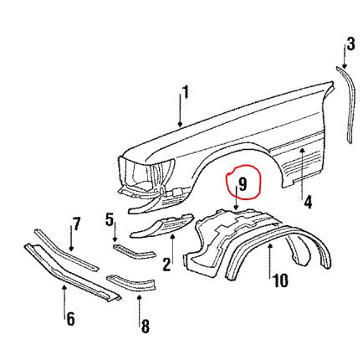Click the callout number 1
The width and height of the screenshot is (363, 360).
click(186, 92)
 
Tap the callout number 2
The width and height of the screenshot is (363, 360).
click(166, 265)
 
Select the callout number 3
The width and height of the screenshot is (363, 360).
click(350, 44)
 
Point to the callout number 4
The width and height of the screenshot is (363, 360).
click(308, 202)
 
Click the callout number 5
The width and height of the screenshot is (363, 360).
click(110, 219)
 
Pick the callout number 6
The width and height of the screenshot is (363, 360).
click(70, 319)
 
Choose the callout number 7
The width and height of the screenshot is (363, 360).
click(76, 224)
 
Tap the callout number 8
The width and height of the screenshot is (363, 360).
click(145, 327)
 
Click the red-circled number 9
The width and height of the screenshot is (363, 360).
click(243, 184)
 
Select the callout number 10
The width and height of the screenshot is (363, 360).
click(280, 280)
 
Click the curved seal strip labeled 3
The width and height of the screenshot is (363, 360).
click(346, 104)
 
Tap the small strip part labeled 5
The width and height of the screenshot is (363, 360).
click(134, 251)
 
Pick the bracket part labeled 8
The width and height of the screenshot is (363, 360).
click(131, 282)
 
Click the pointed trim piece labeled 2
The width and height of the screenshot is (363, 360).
click(161, 225)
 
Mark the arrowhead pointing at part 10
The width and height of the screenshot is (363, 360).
click(269, 246)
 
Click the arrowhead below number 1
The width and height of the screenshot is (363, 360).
click(180, 124)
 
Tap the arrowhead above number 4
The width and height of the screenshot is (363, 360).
click(303, 152)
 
